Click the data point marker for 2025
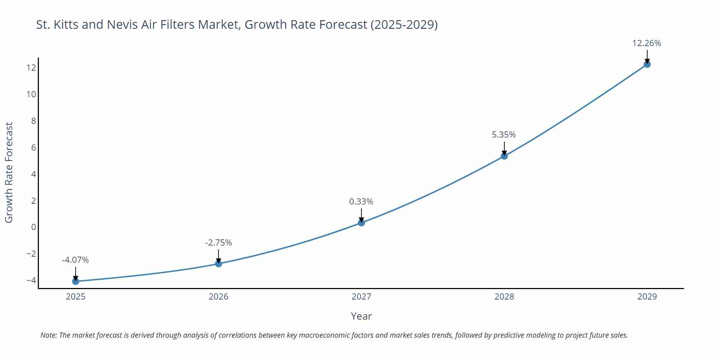(76, 281)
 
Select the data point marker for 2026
(219, 264)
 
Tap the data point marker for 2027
(361, 222)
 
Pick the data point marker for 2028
(504, 156)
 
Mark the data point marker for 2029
(647, 64)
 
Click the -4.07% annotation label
(75, 260)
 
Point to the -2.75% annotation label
(219, 243)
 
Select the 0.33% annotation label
(361, 202)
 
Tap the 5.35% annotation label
(504, 135)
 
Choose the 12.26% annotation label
(647, 43)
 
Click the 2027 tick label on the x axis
(361, 297)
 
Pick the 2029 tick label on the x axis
(647, 297)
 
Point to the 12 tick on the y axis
(31, 68)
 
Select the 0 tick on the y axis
(33, 227)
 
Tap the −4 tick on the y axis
(31, 280)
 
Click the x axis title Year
(361, 316)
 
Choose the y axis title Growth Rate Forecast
(9, 172)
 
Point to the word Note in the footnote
(48, 335)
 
